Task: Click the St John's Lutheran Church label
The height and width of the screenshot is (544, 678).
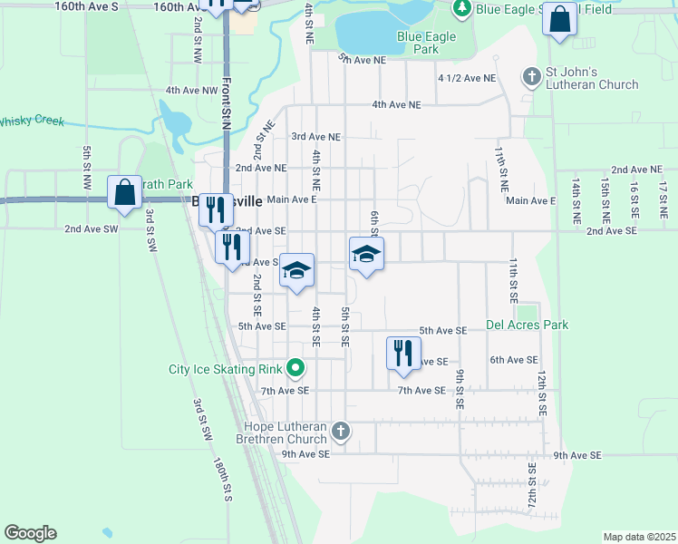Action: click(x=591, y=78)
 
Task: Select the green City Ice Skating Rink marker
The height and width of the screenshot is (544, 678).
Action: click(x=295, y=368)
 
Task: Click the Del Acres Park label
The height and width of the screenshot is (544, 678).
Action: click(x=527, y=324)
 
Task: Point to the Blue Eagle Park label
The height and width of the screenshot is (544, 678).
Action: click(x=430, y=37)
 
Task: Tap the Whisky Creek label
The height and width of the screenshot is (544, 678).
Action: click(x=32, y=121)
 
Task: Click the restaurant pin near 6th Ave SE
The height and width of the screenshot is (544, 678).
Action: click(x=403, y=354)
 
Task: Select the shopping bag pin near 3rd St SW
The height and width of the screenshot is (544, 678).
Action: click(x=124, y=193)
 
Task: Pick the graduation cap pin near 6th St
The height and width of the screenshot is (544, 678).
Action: click(x=366, y=253)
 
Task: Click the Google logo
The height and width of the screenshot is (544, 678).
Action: click(x=30, y=533)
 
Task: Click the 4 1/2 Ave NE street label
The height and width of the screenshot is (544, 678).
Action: click(x=467, y=79)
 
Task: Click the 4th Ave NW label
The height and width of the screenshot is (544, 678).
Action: click(x=192, y=91)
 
